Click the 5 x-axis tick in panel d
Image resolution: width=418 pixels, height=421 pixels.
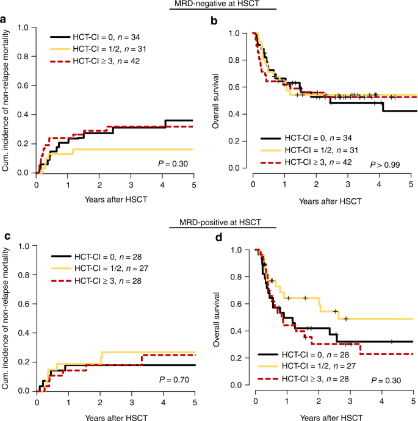coord(413,403)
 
